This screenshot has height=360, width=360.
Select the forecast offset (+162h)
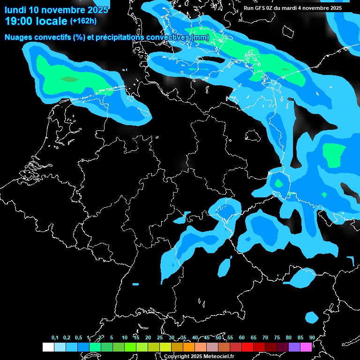(83, 21)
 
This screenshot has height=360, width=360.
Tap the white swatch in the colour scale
(48, 347)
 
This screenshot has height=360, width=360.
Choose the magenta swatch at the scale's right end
(306, 347)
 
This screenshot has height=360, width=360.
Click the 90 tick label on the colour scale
(312, 337)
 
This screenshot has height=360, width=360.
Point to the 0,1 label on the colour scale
(55, 337)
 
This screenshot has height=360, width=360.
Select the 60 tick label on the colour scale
(241, 337)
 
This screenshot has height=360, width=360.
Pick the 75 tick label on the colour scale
(277, 337)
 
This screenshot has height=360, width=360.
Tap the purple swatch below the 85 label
(294, 347)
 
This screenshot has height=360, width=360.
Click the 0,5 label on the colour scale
(78, 337)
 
